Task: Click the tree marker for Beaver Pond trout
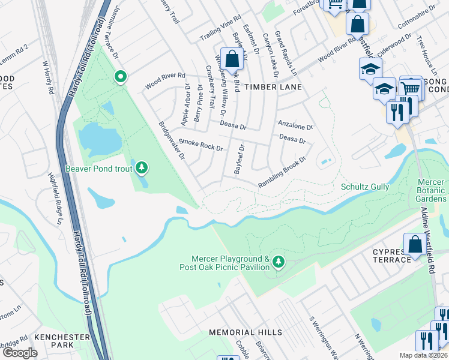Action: point(142,167)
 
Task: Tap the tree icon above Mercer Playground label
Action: point(278,261)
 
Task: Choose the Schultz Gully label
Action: point(364,187)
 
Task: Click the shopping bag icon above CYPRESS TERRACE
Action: point(415,244)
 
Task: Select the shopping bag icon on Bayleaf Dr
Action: point(233,59)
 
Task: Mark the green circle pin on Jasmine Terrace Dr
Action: point(121,77)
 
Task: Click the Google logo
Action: point(19,353)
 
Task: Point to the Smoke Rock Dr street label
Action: point(200,145)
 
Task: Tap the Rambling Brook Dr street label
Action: point(282,173)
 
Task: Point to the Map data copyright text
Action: point(423,355)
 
